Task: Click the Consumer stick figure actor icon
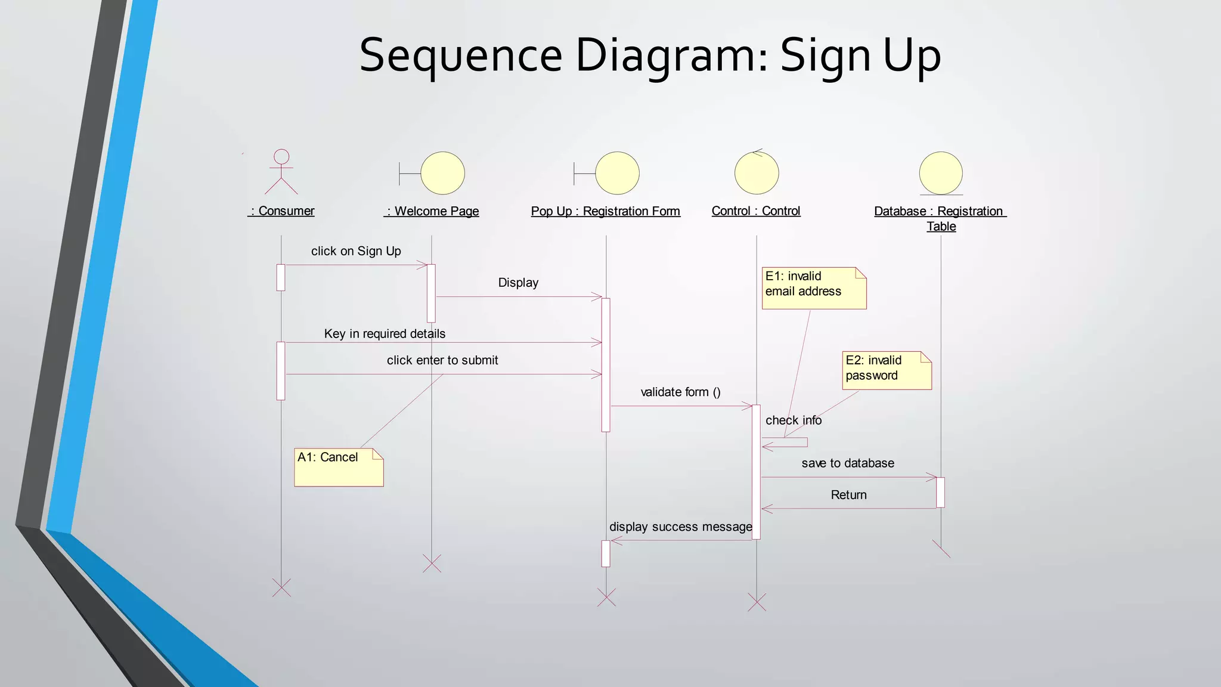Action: [281, 172]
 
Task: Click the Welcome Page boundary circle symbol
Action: [442, 173]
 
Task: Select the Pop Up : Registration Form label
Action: [605, 211]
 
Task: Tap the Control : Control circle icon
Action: [757, 173]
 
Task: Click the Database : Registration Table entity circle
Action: [941, 173]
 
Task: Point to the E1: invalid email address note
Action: [814, 288]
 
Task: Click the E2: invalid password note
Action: [887, 370]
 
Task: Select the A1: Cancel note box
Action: [339, 467]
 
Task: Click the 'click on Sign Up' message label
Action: [356, 251]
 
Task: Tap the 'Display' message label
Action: [518, 283]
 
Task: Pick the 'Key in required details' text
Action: [385, 334]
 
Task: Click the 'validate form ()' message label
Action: [680, 392]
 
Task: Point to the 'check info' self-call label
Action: [793, 420]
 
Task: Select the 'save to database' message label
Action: [847, 463]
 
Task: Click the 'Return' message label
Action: [848, 495]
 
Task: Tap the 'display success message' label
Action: [680, 527]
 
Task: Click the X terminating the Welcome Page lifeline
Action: [432, 563]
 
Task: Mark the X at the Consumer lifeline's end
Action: [281, 587]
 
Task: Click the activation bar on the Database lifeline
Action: [940, 492]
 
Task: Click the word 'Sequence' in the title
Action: [461, 55]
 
